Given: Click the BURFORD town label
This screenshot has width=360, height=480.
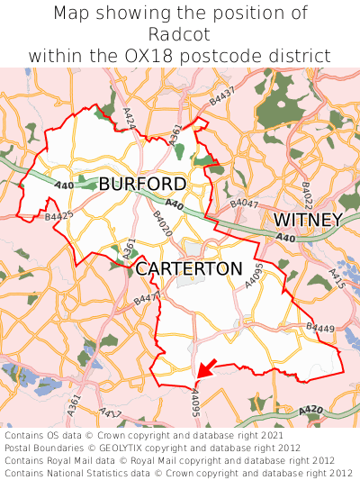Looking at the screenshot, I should [142, 185].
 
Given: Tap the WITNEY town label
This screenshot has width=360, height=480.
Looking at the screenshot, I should [307, 221].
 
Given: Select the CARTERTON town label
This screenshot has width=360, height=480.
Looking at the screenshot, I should [189, 269].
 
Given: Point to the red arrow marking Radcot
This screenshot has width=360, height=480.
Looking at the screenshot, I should [206, 367].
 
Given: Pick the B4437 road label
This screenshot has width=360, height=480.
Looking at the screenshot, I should [221, 97].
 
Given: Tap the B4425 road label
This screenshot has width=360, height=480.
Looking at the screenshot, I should [58, 217].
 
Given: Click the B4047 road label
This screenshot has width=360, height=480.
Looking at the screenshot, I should [244, 204].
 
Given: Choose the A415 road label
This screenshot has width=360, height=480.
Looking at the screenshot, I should [337, 278].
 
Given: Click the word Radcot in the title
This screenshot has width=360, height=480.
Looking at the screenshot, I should [180, 34].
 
